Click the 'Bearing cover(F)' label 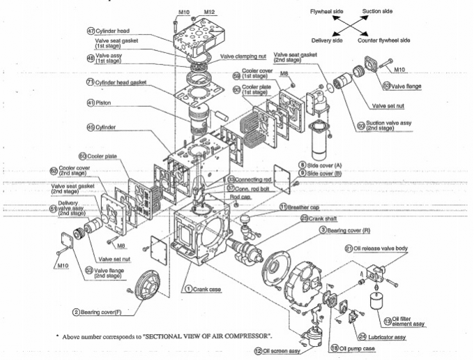105,313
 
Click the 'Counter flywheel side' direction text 393,40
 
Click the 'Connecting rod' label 256,180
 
